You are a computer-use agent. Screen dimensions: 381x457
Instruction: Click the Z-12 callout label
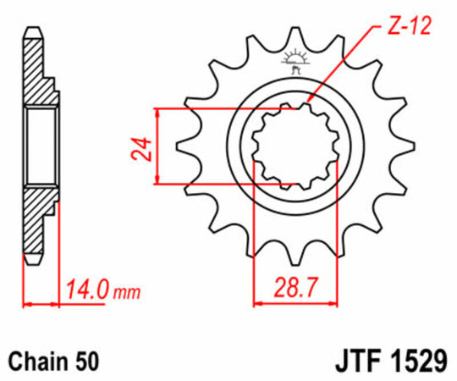point(410,25)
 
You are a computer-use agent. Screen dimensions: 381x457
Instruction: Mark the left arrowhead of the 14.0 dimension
point(27,302)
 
